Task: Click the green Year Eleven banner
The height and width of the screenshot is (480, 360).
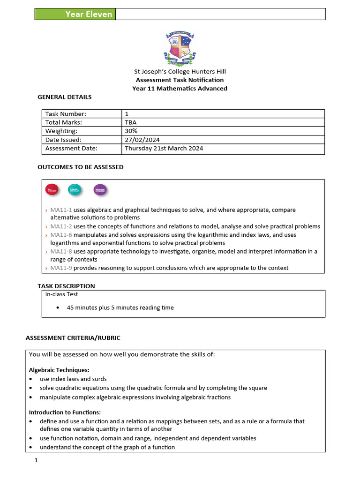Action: (75, 14)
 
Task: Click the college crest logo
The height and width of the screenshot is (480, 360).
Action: (180, 48)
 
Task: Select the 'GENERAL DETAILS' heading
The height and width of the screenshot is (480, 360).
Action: (64, 97)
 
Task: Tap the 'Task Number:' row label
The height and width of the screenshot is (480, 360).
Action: (66, 114)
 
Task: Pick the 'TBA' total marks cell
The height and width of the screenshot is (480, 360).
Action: (131, 122)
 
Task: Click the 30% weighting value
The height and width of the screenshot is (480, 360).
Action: (131, 131)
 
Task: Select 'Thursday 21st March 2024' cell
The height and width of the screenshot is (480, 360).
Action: (164, 149)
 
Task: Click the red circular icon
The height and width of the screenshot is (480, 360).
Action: (51, 190)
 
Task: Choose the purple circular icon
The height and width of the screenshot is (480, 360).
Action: (100, 190)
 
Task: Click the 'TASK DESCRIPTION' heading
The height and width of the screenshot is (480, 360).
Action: (66, 286)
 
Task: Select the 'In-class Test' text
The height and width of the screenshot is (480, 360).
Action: (61, 294)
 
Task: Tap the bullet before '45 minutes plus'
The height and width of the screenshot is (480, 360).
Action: (58, 308)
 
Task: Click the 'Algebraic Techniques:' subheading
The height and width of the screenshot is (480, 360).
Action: (59, 370)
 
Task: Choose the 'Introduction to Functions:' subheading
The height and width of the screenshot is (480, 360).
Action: (65, 412)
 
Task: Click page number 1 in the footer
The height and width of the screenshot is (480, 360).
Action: (36, 461)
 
